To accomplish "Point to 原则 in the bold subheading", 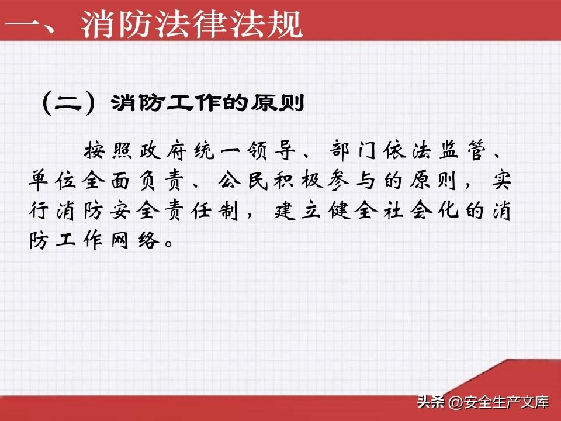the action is coord(277,103).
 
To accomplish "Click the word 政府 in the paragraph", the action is coord(163,150).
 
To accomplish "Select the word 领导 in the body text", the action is coord(271,150).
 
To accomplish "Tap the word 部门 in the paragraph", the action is coord(352,150).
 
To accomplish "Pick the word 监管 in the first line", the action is coord(462,150).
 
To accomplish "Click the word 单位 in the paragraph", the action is coord(52,180).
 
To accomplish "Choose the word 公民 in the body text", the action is coord(243,180).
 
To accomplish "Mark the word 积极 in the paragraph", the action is coord(297,180).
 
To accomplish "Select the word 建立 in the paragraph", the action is coord(297,210).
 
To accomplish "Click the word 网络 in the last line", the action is coord(135,240).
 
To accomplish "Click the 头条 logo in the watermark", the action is coord(431,402).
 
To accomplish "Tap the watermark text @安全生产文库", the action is coord(498,402).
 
